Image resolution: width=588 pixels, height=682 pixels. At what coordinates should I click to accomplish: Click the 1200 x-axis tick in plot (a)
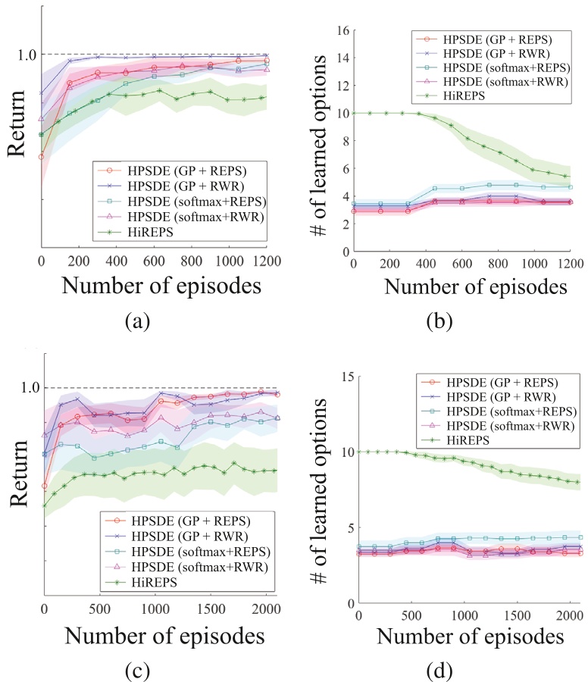click(x=265, y=260)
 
